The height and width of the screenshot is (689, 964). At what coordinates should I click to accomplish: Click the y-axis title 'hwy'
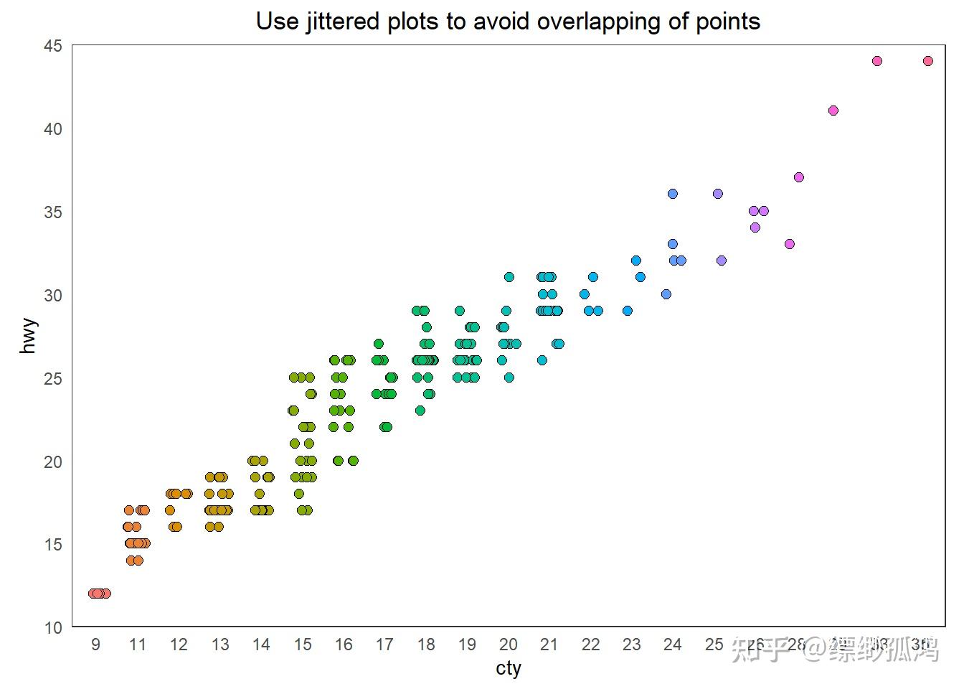click(x=29, y=336)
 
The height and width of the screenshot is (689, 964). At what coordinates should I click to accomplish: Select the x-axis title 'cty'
click(x=508, y=668)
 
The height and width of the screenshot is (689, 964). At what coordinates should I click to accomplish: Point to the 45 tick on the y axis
click(x=53, y=46)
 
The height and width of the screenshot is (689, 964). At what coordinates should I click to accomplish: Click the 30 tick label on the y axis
click(x=53, y=295)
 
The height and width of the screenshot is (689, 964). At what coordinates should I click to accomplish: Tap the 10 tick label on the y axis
click(x=53, y=628)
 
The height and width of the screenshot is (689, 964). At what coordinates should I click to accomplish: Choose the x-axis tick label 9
click(x=96, y=645)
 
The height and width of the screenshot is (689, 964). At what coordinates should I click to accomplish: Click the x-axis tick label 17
click(x=384, y=645)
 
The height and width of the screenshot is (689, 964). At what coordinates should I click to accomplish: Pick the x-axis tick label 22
click(x=590, y=645)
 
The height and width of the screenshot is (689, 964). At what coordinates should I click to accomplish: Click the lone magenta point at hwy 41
click(x=833, y=111)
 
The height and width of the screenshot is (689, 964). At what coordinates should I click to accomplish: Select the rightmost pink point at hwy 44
click(x=927, y=61)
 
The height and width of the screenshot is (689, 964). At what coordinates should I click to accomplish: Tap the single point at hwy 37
click(x=798, y=177)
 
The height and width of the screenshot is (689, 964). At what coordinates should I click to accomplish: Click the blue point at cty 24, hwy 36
click(x=672, y=194)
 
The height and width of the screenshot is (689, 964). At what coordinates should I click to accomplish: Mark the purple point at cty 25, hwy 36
click(x=717, y=194)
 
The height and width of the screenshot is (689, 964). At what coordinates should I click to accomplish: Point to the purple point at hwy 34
click(x=755, y=228)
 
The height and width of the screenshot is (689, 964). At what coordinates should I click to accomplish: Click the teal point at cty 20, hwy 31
click(x=509, y=277)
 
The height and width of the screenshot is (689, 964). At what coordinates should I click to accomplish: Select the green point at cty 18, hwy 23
click(x=420, y=411)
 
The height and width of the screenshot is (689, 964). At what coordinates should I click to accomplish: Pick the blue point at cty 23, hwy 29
click(x=628, y=311)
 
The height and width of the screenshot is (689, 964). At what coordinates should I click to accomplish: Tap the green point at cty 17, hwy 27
click(x=379, y=344)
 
